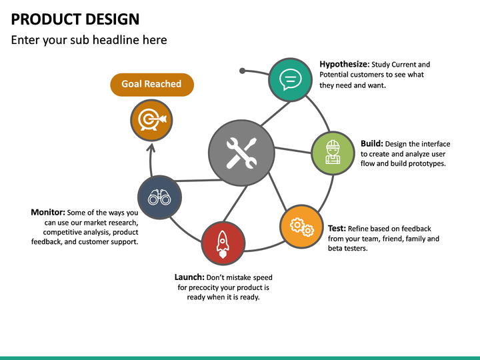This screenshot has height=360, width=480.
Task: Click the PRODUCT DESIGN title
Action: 75,19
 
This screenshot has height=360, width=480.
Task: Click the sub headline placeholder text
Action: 89,40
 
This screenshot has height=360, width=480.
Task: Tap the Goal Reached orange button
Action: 151,84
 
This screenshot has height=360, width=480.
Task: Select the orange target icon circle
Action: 151,120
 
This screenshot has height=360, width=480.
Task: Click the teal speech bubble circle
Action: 290,79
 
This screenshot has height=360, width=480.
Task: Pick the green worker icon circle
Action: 333,153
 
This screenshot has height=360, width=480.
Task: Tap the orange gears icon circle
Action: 301,227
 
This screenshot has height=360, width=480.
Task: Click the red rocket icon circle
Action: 223,243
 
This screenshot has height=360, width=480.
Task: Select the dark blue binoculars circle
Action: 159,197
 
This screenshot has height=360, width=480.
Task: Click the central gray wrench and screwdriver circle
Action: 241,153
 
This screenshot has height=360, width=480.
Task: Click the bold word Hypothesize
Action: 344,65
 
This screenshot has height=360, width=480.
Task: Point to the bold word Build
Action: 371,143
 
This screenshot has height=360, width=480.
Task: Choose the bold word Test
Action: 337,228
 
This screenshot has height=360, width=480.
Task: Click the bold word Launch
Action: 189,277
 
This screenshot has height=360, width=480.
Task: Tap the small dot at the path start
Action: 242,70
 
